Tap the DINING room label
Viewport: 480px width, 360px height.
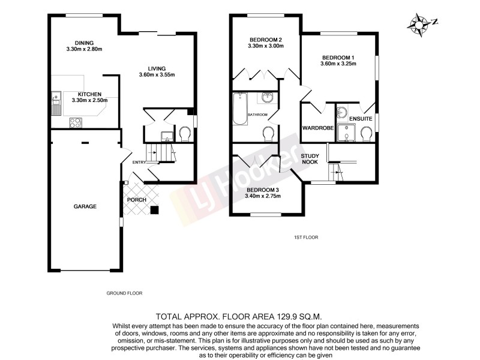(84, 42)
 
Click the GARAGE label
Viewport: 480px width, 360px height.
(85, 206)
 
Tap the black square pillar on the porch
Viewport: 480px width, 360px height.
(155, 209)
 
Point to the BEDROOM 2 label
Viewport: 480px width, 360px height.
(266, 40)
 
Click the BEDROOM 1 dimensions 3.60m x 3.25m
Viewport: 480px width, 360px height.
(338, 64)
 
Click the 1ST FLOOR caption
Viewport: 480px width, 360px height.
(306, 238)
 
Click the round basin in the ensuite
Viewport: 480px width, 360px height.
(343, 112)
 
